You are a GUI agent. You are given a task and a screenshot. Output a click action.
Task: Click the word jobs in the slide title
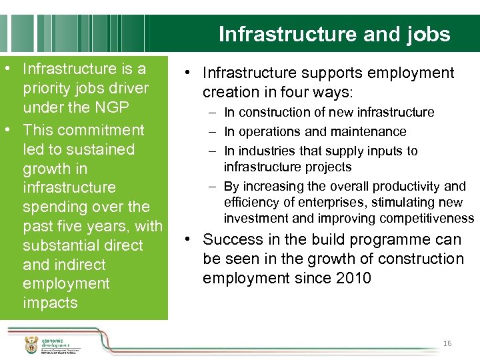click(426, 34)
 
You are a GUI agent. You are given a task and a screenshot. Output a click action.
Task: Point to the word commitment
click(101, 130)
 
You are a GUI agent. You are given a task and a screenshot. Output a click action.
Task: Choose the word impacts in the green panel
click(50, 303)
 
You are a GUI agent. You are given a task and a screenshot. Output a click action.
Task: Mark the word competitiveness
click(429, 219)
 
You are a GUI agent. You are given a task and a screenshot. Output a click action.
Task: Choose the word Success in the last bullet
click(232, 239)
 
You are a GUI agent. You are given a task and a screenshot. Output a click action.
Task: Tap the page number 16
click(447, 343)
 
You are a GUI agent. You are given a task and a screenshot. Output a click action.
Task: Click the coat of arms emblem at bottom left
click(31, 345)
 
